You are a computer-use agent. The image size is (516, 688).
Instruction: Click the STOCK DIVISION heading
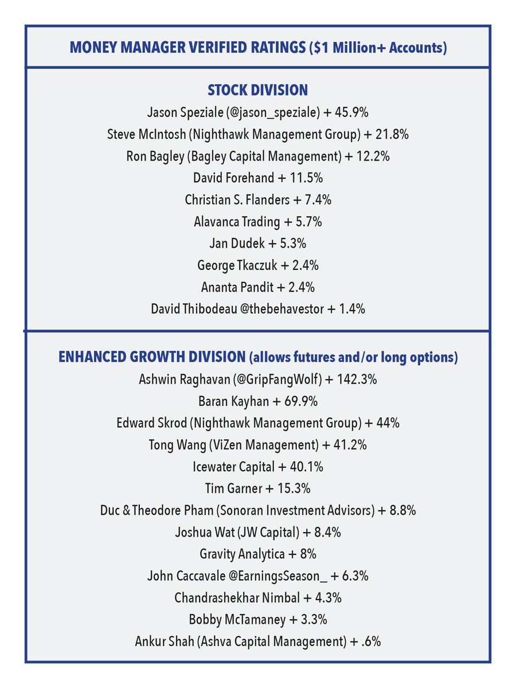[x=257, y=90]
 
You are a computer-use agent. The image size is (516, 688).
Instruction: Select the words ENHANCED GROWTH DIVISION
[x=152, y=357]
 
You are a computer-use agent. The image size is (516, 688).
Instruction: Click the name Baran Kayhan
[x=226, y=401]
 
